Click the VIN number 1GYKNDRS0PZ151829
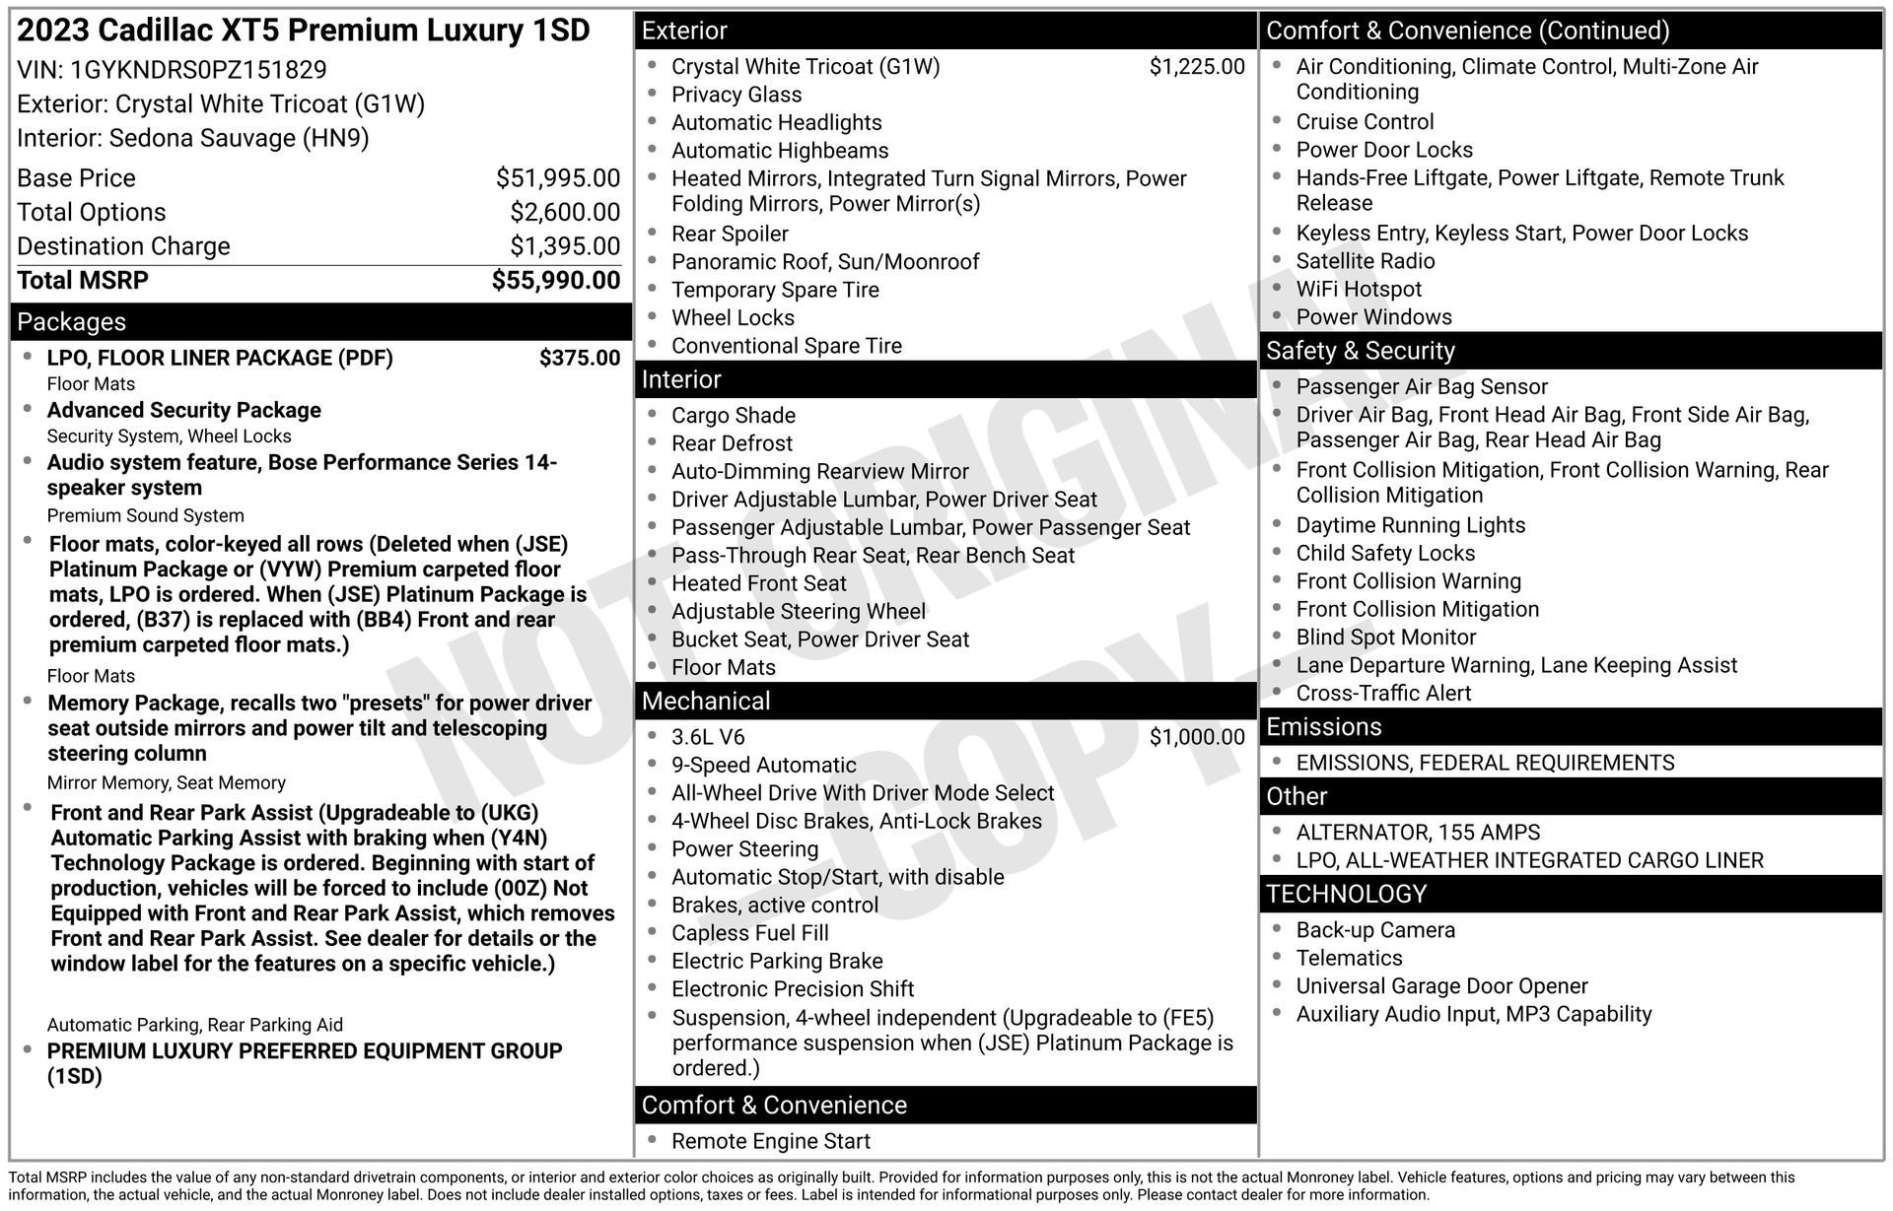point(198,70)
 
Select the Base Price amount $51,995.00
point(557,178)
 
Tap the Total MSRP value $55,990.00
point(556,281)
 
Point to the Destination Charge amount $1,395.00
point(564,246)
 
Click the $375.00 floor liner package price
point(579,358)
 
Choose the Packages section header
point(72,322)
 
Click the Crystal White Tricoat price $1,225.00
point(1197,67)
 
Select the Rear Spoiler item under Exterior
point(730,235)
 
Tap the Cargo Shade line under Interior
point(733,416)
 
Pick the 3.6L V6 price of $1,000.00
point(1197,737)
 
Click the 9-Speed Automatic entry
point(763,766)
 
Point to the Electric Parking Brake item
point(777,962)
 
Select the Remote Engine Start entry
point(770,1142)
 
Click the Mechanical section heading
point(706,702)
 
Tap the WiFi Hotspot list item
point(1358,290)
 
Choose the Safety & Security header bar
point(1360,352)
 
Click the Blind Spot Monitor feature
point(1385,638)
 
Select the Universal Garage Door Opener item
point(1441,986)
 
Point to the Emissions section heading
point(1323,727)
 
